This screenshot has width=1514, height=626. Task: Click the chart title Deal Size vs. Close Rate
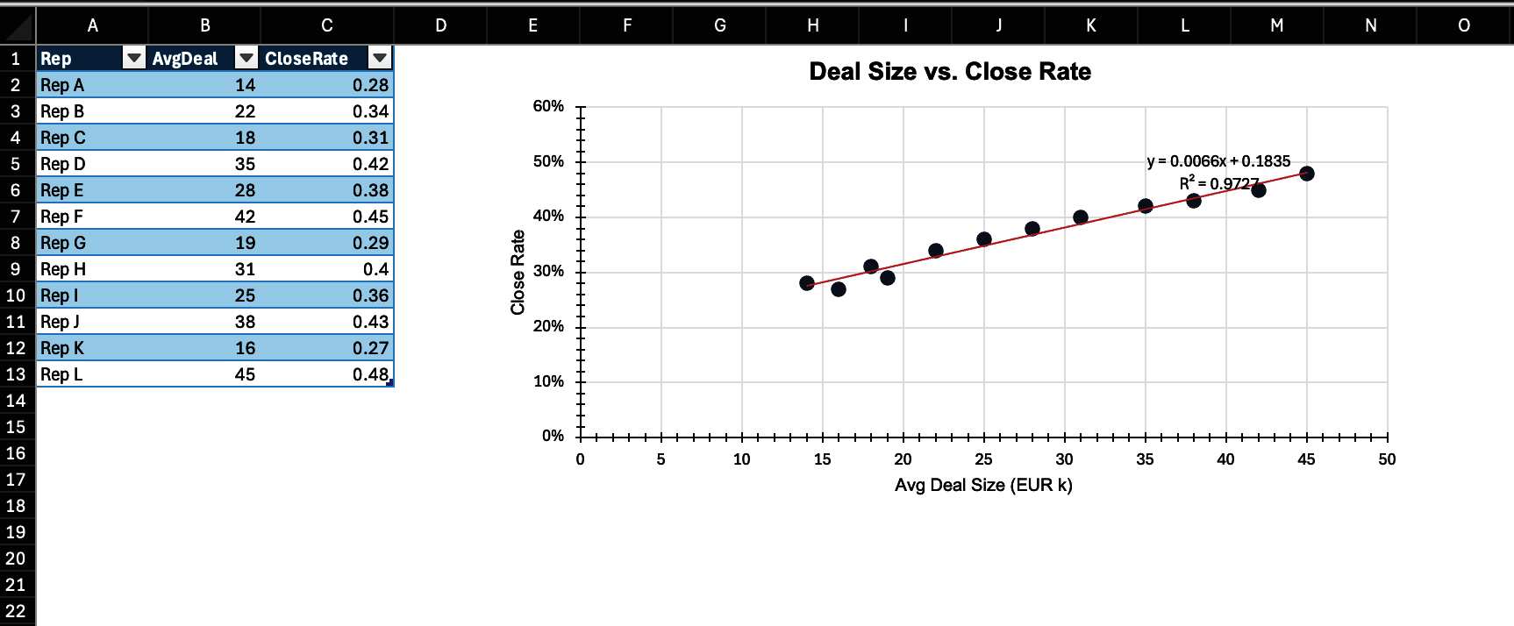(x=949, y=72)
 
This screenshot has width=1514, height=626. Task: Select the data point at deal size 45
(x=1306, y=174)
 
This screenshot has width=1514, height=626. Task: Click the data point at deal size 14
(x=807, y=283)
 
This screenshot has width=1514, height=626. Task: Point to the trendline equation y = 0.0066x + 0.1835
(x=1218, y=161)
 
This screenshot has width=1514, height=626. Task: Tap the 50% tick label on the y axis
(x=548, y=161)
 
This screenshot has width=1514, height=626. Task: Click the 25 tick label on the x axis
(x=983, y=459)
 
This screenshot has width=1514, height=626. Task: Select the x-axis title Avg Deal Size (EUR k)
(x=983, y=485)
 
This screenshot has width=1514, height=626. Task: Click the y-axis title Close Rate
(x=518, y=272)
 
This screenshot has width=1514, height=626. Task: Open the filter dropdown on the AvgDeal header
(x=246, y=59)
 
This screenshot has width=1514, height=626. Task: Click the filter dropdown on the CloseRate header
(x=379, y=59)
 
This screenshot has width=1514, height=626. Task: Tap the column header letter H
(x=813, y=25)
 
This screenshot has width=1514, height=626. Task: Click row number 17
(x=16, y=480)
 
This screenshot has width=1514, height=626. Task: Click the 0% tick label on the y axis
(x=553, y=436)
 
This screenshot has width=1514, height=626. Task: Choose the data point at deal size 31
(x=1081, y=217)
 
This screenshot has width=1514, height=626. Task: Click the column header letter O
(x=1463, y=25)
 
